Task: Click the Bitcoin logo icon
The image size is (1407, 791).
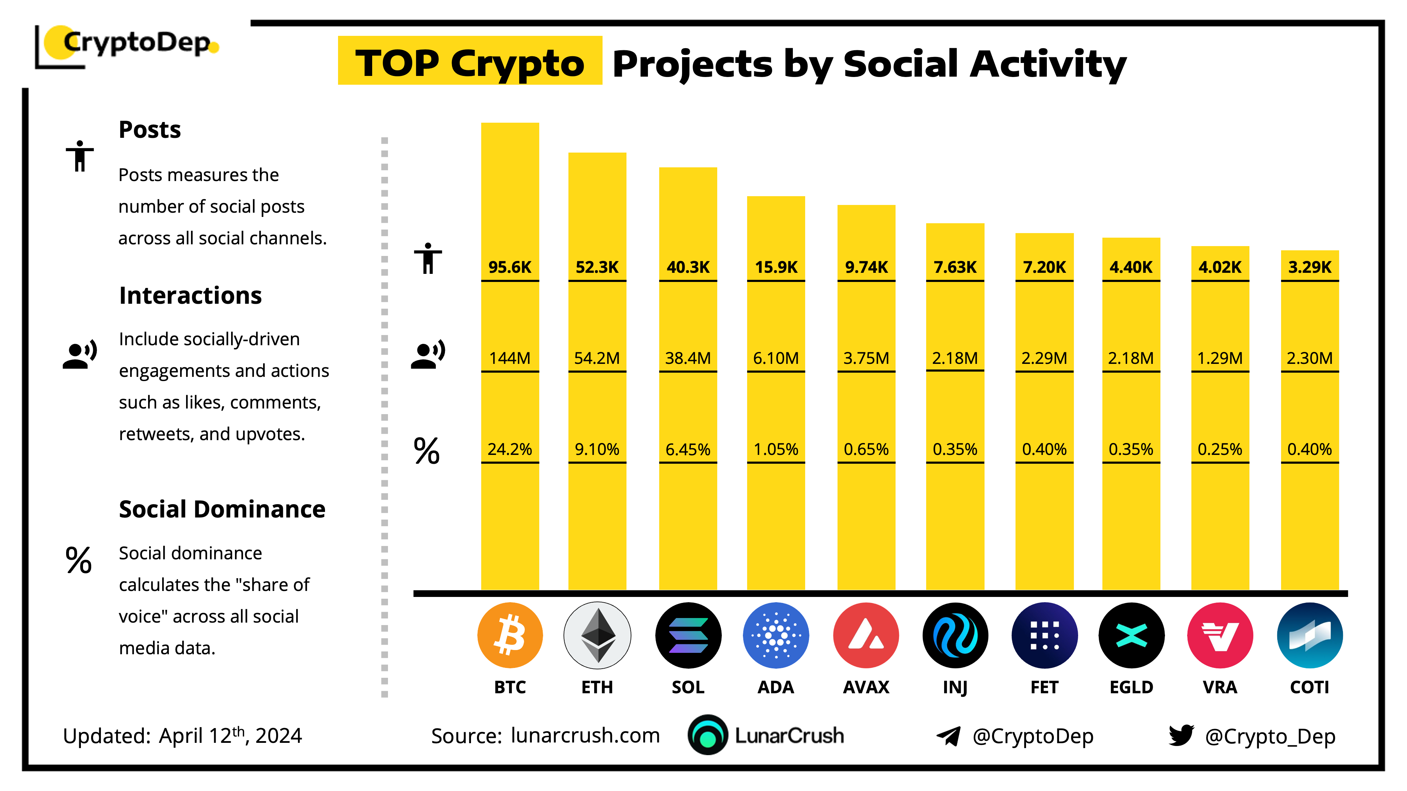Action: (510, 635)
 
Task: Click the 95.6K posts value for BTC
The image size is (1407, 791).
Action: (510, 267)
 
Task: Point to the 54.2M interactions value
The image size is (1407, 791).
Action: (597, 358)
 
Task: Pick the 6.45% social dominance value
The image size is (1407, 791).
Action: (688, 449)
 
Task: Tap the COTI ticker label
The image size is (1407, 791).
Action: (1309, 687)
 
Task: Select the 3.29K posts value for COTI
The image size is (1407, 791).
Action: (1309, 267)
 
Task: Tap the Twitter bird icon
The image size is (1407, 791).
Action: (1181, 735)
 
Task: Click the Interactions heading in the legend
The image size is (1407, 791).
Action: (190, 295)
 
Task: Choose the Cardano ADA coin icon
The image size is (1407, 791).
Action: (776, 635)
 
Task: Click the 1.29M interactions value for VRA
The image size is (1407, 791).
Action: (1220, 358)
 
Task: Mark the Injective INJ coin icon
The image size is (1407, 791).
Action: (955, 635)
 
